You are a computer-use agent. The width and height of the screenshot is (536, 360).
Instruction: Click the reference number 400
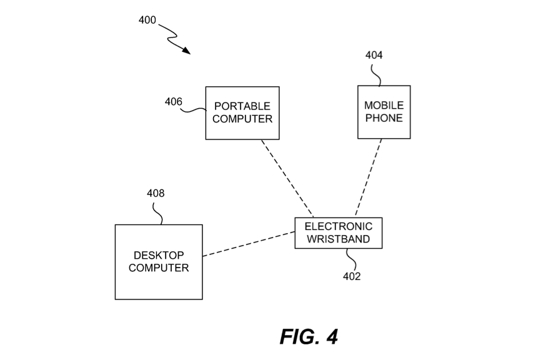pyautogui.click(x=147, y=21)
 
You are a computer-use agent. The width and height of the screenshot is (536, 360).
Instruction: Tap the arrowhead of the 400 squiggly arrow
pyautogui.click(x=187, y=51)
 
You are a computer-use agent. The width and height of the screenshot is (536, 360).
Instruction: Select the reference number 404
pyautogui.click(x=374, y=55)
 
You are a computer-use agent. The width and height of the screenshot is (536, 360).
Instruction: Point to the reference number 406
pyautogui.click(x=174, y=101)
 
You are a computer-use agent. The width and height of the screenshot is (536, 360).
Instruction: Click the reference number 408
pyautogui.click(x=156, y=193)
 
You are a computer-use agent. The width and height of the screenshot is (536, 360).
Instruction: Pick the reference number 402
pyautogui.click(x=352, y=276)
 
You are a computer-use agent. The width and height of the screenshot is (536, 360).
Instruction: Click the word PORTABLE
pyautogui.click(x=242, y=106)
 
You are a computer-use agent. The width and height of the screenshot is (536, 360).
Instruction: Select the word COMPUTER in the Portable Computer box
pyautogui.click(x=242, y=119)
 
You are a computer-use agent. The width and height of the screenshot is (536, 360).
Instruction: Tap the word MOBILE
pyautogui.click(x=384, y=106)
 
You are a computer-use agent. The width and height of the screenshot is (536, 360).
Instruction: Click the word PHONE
pyautogui.click(x=384, y=118)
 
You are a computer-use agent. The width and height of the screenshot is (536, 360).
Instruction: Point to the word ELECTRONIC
pyautogui.click(x=338, y=226)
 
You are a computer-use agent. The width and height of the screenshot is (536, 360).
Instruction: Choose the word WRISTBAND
pyautogui.click(x=338, y=239)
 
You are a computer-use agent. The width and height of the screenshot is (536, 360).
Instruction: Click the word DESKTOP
pyautogui.click(x=159, y=255)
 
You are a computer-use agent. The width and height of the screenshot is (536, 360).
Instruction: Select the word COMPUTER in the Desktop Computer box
pyautogui.click(x=159, y=268)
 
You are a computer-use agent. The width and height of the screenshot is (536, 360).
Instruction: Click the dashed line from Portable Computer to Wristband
pyautogui.click(x=287, y=177)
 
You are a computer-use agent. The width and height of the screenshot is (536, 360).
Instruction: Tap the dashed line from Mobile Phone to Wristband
pyautogui.click(x=369, y=177)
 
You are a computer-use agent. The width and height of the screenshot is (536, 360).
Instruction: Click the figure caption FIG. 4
pyautogui.click(x=309, y=337)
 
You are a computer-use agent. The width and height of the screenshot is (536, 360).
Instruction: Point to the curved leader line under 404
pyautogui.click(x=376, y=73)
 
